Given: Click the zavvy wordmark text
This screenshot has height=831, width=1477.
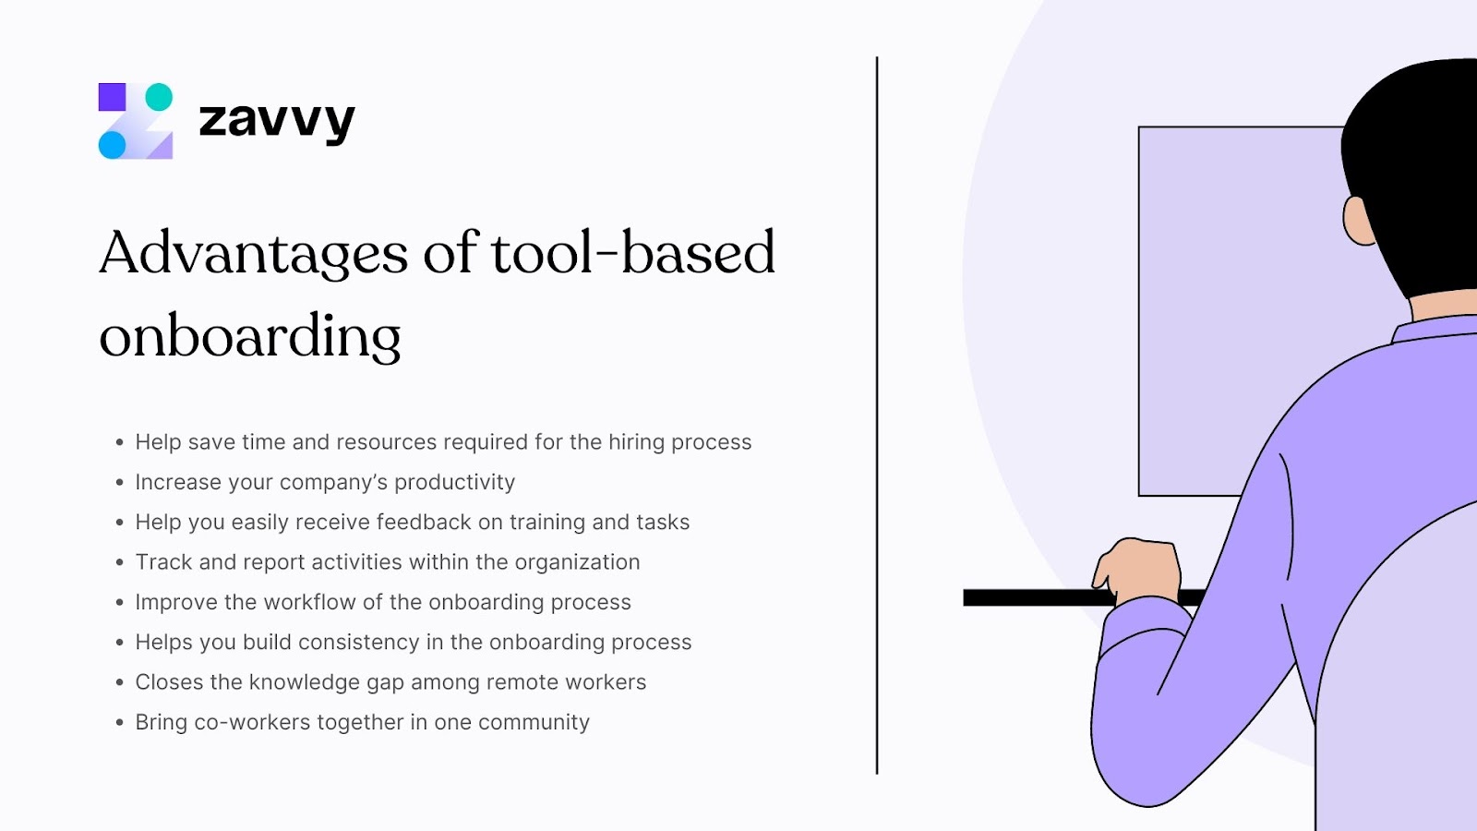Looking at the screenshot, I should [276, 121].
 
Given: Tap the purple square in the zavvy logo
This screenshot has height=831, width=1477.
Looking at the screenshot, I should [112, 97].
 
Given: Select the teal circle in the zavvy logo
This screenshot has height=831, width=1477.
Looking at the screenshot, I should [159, 97].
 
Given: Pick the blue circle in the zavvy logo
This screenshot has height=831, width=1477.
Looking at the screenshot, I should [112, 145].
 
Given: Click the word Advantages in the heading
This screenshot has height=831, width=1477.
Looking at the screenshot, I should [253, 253].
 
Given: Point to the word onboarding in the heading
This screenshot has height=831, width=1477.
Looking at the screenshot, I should [250, 336].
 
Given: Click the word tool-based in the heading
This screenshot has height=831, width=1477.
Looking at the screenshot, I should [632, 253].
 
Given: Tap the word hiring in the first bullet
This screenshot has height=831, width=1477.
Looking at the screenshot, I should [636, 442].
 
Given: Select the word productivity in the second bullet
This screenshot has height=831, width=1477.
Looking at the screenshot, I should [454, 482].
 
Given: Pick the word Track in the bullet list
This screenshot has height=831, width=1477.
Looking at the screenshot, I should [163, 562].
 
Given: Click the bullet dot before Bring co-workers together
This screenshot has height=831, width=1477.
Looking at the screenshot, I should [119, 722].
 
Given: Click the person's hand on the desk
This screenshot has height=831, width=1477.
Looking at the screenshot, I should [1137, 568].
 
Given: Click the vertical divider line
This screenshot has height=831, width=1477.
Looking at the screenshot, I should [877, 415].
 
